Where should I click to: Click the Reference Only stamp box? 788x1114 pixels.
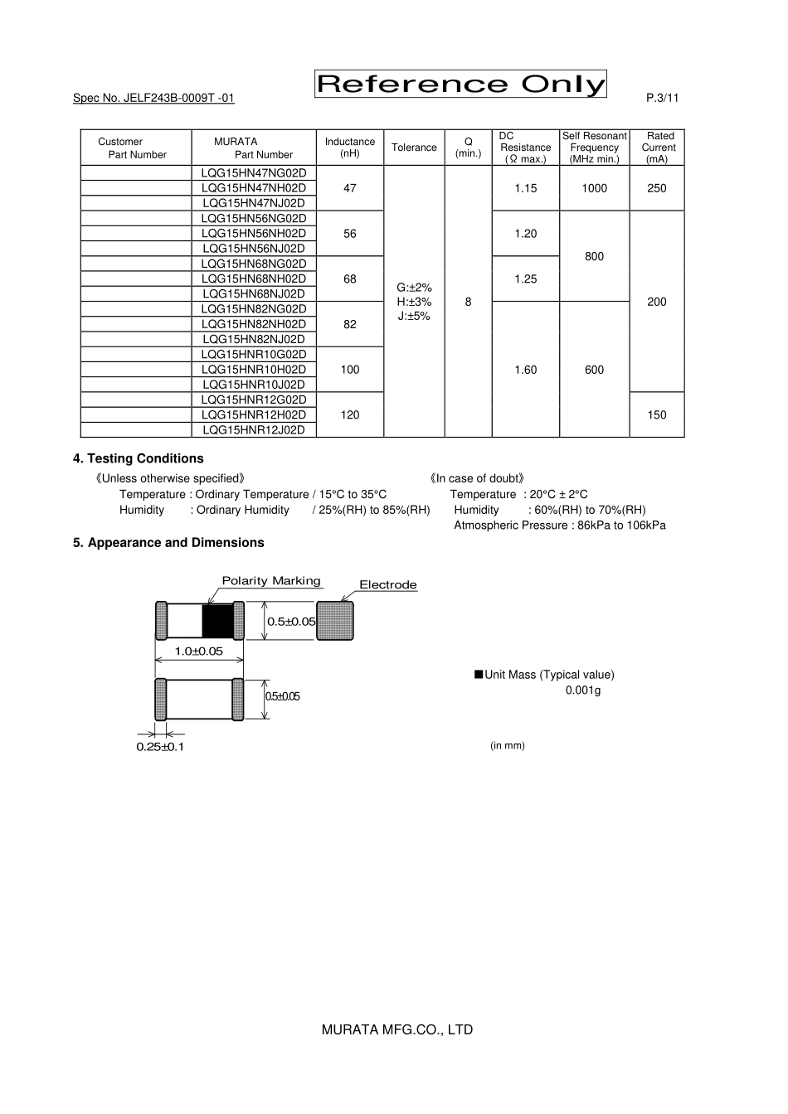click(x=460, y=85)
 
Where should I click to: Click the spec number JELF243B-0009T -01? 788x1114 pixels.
click(x=153, y=98)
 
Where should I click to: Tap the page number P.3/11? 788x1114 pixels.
click(x=662, y=98)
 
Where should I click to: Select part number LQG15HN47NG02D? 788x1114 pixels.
click(x=254, y=173)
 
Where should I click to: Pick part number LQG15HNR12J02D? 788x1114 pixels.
click(x=254, y=429)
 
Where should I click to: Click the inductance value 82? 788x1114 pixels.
click(x=349, y=324)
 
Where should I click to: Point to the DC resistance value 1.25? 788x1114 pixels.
click(x=525, y=278)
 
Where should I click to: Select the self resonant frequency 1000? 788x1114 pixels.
click(x=594, y=188)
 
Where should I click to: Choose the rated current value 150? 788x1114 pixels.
click(x=656, y=414)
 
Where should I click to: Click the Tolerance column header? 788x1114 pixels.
click(x=414, y=148)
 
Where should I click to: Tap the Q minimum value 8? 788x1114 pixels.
click(x=468, y=302)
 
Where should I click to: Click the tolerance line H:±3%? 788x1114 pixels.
click(x=414, y=302)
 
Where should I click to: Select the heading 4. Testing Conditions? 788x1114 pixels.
click(x=139, y=458)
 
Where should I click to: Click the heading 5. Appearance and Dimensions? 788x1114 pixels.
click(x=168, y=542)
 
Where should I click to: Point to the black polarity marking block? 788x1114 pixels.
click(x=218, y=621)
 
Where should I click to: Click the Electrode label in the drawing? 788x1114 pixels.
click(x=387, y=585)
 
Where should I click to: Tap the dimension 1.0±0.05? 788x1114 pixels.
click(x=198, y=651)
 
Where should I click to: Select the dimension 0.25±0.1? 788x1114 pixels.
click(x=160, y=747)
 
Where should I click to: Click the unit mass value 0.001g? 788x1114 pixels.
click(x=582, y=690)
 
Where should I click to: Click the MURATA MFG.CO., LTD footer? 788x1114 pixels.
click(x=396, y=1029)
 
